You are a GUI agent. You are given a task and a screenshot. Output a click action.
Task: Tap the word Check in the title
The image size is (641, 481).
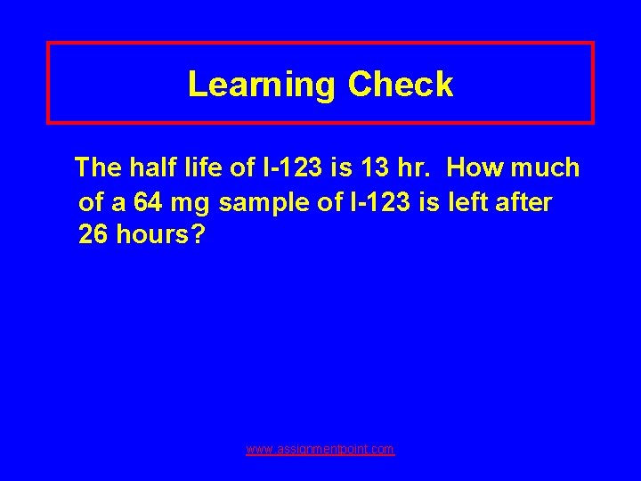[401, 85]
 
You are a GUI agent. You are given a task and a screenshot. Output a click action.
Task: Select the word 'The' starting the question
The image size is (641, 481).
[99, 167]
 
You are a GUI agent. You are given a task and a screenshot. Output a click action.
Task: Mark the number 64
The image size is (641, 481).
[149, 203]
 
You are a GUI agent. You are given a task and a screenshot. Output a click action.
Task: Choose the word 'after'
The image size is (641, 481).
[521, 203]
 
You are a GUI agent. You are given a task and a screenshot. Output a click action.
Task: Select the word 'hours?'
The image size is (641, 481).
[161, 236]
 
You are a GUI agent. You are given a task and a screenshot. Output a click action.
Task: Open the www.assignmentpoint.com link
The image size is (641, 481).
[320, 450]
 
